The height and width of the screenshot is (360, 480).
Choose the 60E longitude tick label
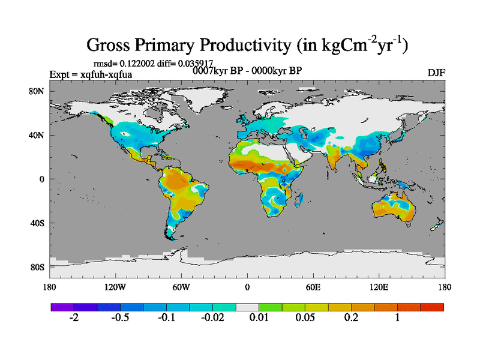click(313, 286)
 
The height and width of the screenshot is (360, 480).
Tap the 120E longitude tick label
click(379, 286)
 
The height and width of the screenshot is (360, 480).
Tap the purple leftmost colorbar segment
click(62, 307)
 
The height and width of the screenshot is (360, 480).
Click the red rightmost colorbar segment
click(432, 307)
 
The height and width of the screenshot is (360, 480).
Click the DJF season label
click(436, 73)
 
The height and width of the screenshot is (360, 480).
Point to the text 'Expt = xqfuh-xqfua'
click(91, 74)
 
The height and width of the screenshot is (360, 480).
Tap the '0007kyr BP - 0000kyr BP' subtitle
click(247, 70)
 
